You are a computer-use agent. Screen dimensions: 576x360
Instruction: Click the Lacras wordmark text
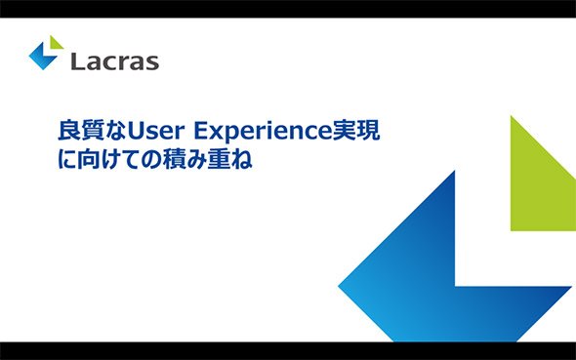pos(114,61)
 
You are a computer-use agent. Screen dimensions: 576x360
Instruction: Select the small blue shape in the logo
pos(42,57)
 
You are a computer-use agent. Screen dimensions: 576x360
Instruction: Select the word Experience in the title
pos(263,132)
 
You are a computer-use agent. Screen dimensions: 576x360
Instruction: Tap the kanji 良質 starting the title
pos(80,131)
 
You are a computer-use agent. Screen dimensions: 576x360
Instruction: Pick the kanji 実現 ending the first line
pos(355,131)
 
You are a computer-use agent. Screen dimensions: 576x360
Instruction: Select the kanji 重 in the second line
pos(219,159)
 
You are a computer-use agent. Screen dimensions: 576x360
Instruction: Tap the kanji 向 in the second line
pos(89,159)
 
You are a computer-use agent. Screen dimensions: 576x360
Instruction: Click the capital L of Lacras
pos(77,61)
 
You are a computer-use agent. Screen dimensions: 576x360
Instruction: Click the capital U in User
pos(135,131)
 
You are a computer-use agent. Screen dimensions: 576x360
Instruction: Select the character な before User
pos(115,131)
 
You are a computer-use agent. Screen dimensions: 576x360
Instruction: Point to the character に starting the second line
pos(67,160)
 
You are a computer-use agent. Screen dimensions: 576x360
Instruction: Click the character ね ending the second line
pos(241,160)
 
